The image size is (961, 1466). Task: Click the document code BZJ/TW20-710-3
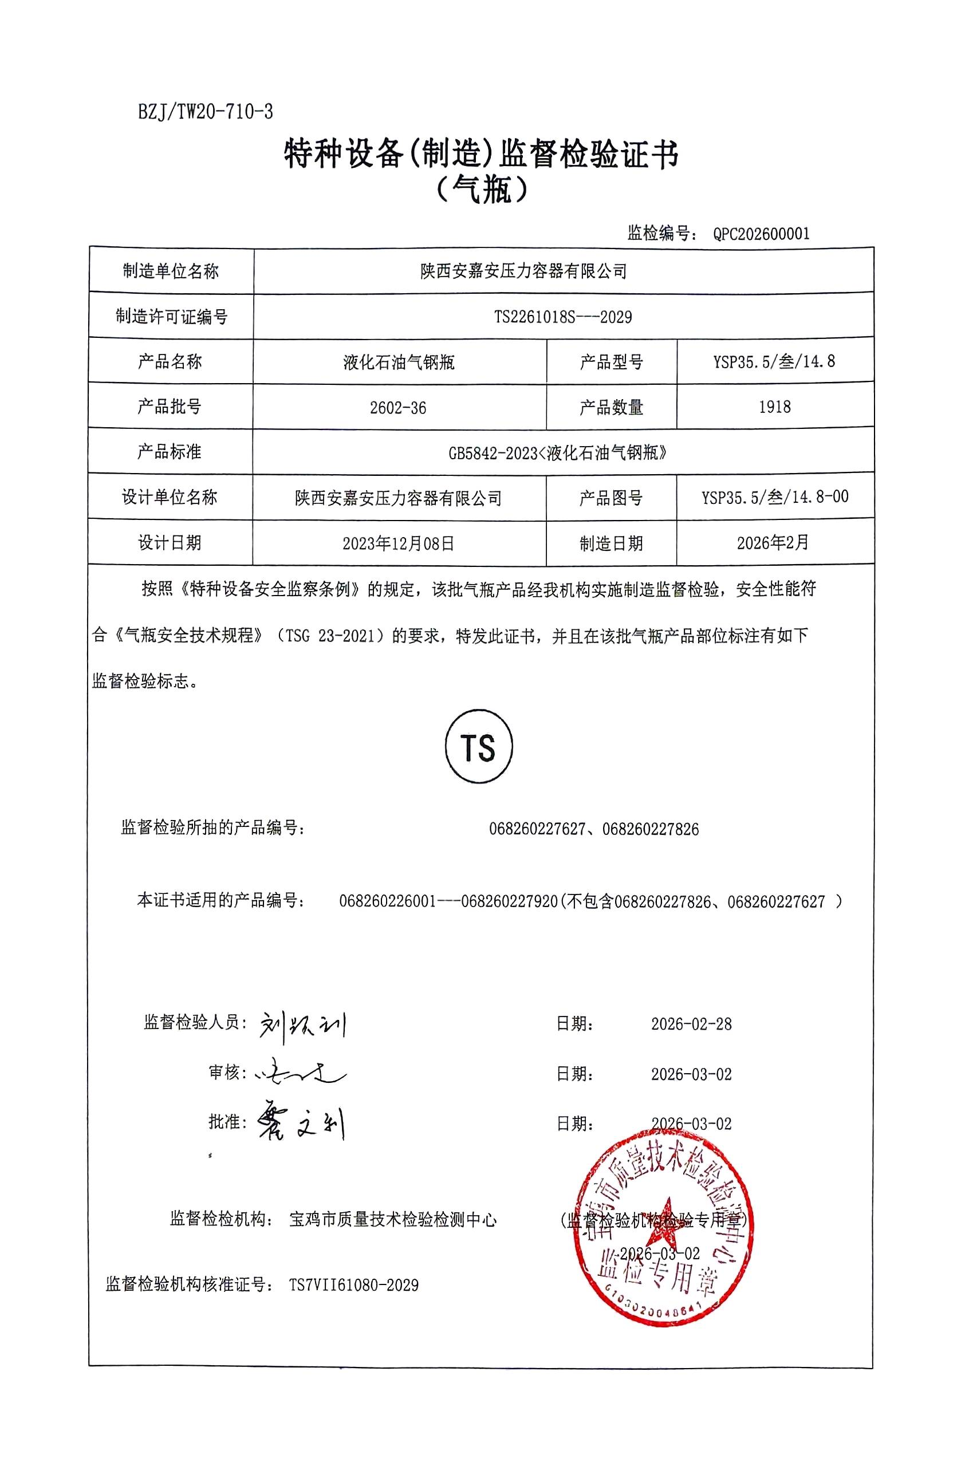click(206, 112)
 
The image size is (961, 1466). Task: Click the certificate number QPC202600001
click(761, 234)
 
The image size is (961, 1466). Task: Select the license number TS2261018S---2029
click(563, 317)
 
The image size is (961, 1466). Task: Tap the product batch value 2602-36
click(398, 408)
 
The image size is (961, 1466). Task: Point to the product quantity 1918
click(774, 407)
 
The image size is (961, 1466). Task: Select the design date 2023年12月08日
click(399, 543)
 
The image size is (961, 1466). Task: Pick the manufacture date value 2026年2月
click(773, 543)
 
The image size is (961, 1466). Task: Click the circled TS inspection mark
click(479, 748)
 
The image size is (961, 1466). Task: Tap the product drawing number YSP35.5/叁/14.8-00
click(774, 497)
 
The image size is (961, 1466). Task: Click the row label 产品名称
click(170, 361)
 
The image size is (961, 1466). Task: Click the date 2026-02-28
click(691, 1024)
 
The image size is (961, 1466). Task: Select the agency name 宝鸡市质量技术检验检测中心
click(392, 1219)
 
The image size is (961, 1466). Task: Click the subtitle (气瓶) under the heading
click(481, 190)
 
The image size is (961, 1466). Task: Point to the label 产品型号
click(611, 362)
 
